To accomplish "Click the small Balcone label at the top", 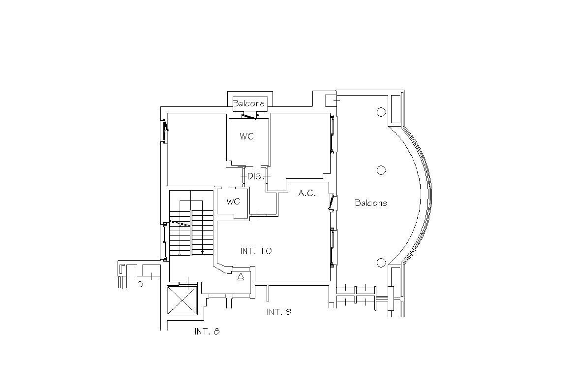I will (249, 103).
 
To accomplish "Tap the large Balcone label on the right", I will (371, 203).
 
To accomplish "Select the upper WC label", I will (247, 136).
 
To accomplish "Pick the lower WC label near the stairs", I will (233, 201).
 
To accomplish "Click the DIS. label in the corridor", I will (255, 176).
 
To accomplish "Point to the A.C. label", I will (307, 194).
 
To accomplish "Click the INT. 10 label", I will (256, 251).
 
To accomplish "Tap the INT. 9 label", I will (279, 312).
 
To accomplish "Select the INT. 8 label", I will (207, 332).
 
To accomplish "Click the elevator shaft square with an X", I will (183, 300).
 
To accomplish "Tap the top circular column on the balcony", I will (381, 112).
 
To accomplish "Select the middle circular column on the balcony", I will (381, 170).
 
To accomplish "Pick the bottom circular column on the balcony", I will (381, 263).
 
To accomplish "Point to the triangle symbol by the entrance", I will (241, 277).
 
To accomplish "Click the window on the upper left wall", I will (164, 131).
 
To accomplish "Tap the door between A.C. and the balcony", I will (333, 202).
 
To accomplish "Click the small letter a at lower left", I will (140, 284).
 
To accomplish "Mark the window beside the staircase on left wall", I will (164, 240).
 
